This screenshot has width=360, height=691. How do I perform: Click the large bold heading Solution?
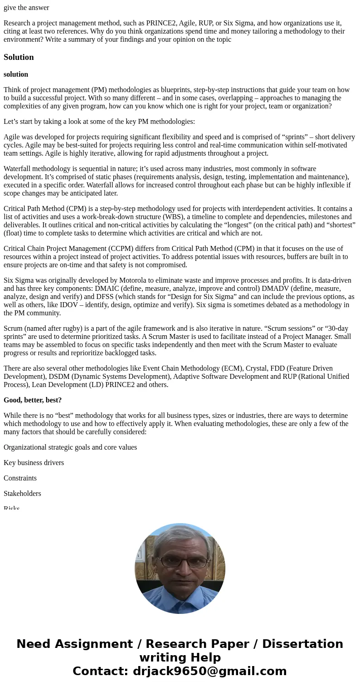pos(19,57)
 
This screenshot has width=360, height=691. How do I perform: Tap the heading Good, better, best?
pos(33,400)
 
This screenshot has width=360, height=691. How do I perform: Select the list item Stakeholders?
pos(22,494)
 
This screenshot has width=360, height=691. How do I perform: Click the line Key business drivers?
pos(34,463)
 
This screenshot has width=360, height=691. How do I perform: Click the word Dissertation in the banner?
pos(302,644)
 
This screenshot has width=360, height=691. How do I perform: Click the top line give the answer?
pos(26,8)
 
